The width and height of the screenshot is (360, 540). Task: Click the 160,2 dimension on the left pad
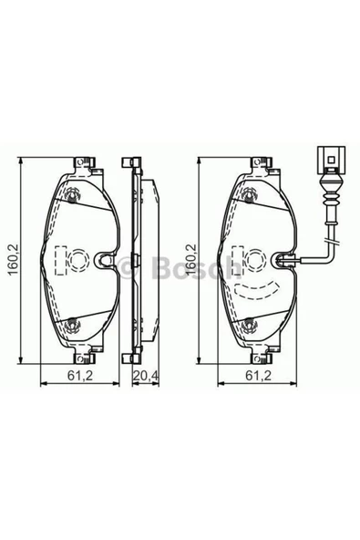[13, 260]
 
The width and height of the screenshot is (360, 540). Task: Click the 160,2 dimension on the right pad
[190, 260]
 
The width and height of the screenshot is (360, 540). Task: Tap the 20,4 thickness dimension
[146, 375]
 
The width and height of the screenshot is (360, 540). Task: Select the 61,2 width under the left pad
[80, 375]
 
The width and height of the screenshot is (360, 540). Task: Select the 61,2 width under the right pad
[259, 375]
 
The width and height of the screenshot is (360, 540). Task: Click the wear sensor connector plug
[332, 160]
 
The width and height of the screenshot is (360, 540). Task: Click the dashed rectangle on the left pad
[60, 260]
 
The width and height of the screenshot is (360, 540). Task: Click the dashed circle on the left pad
[79, 260]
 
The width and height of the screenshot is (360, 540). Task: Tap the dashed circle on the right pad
[257, 260]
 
